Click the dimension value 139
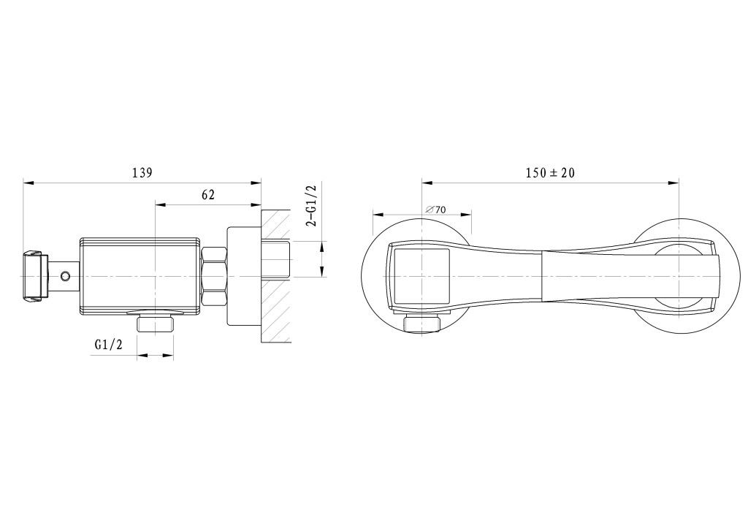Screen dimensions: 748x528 pos(142,172)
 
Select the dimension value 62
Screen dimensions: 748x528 pos(208,194)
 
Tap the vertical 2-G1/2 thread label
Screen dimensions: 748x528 pos(313,205)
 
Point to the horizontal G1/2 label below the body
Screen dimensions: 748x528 pos(108,344)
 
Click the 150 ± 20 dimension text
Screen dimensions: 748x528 pos(551,172)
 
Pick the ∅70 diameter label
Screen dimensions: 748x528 pos(435,210)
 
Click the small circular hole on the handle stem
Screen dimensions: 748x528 pos(65,276)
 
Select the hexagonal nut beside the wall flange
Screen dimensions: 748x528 pos(214,276)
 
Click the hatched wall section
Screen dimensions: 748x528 pos(275,276)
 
